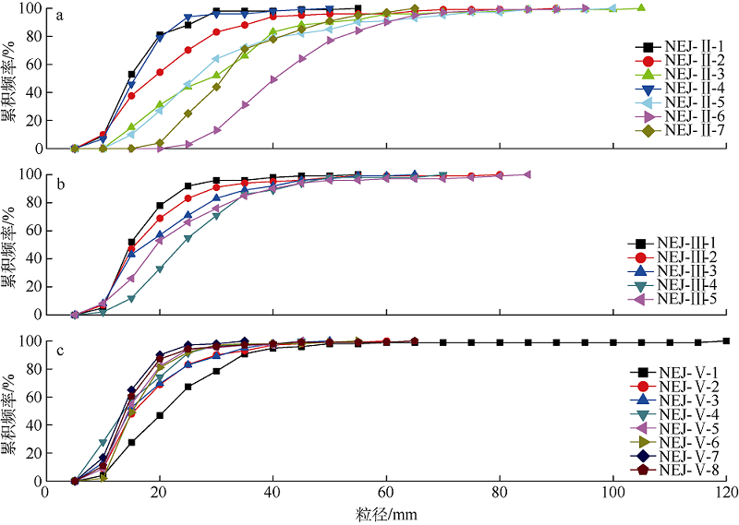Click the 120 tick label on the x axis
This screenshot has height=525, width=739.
click(x=727, y=493)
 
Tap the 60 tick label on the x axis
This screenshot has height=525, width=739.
click(x=386, y=493)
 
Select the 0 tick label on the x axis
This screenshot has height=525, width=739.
click(x=46, y=493)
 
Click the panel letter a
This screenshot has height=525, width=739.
click(x=59, y=16)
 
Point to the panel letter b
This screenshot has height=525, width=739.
click(x=59, y=185)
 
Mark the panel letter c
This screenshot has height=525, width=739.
click(x=59, y=352)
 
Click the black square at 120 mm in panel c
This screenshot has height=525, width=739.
click(x=727, y=340)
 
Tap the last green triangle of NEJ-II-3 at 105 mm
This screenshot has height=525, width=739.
click(x=642, y=8)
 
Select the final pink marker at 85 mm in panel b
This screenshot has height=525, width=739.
click(x=527, y=174)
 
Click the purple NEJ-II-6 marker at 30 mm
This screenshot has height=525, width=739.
click(x=216, y=130)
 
